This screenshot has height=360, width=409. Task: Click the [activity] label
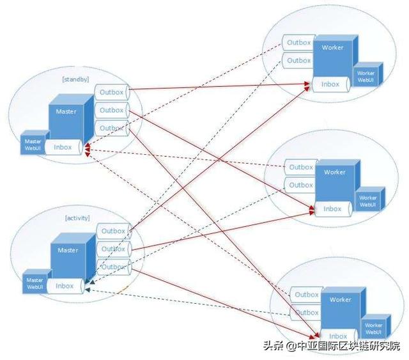click(x=77, y=218)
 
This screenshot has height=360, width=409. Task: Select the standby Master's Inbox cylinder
click(x=63, y=147)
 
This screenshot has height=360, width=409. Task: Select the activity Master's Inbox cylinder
click(x=65, y=286)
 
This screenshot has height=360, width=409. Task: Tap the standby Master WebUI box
click(x=31, y=144)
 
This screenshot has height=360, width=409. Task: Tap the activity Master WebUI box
click(x=35, y=283)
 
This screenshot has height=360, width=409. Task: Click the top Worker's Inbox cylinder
click(x=330, y=84)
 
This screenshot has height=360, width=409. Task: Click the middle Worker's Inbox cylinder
click(x=332, y=208)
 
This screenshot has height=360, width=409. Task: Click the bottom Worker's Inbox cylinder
click(x=337, y=336)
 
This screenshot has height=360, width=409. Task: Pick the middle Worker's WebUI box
click(x=368, y=201)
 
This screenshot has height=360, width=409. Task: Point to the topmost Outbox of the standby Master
click(x=112, y=91)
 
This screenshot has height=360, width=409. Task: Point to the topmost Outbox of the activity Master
click(x=113, y=231)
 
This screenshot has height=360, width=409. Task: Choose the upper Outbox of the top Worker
click(x=298, y=43)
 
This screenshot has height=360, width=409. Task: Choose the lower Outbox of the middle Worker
click(x=301, y=185)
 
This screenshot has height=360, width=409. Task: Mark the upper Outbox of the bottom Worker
click(x=307, y=295)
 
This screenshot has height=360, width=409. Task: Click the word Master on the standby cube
click(x=66, y=112)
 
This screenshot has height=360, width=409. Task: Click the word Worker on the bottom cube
click(x=340, y=299)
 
